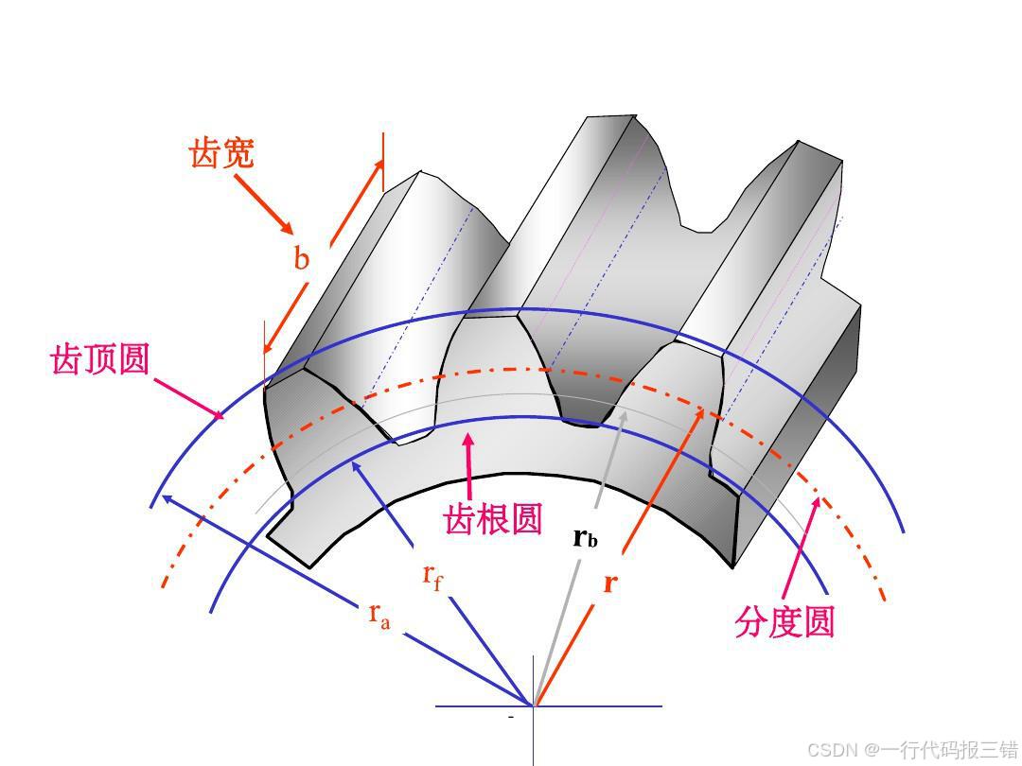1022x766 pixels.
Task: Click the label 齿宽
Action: pyautogui.click(x=222, y=152)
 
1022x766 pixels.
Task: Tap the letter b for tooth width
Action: pyautogui.click(x=301, y=258)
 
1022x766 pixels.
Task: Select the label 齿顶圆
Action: pyautogui.click(x=100, y=358)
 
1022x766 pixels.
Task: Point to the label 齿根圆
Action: pyautogui.click(x=493, y=518)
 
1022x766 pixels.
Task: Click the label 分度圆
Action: pyautogui.click(x=784, y=622)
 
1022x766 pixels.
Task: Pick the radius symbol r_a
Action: pyautogui.click(x=379, y=615)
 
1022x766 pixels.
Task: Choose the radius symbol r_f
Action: pyautogui.click(x=432, y=576)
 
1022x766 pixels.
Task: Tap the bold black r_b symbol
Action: pyautogui.click(x=586, y=539)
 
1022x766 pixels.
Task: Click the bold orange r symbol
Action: pyautogui.click(x=609, y=583)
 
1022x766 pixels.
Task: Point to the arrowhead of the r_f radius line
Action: pyautogui.click(x=353, y=461)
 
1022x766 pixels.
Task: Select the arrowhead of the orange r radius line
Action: pyautogui.click(x=703, y=409)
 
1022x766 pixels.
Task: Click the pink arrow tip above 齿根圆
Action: pyautogui.click(x=467, y=436)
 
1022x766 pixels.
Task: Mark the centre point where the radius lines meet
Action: pyautogui.click(x=534, y=705)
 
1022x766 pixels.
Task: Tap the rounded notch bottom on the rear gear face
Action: pyautogui.click(x=702, y=228)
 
